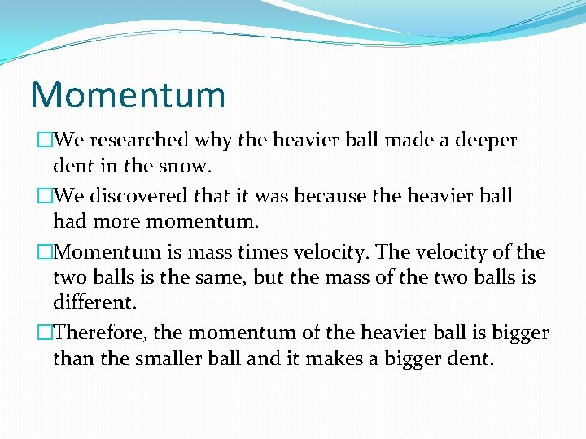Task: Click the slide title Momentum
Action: [127, 94]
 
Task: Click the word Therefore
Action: [98, 333]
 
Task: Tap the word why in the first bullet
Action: [214, 141]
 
